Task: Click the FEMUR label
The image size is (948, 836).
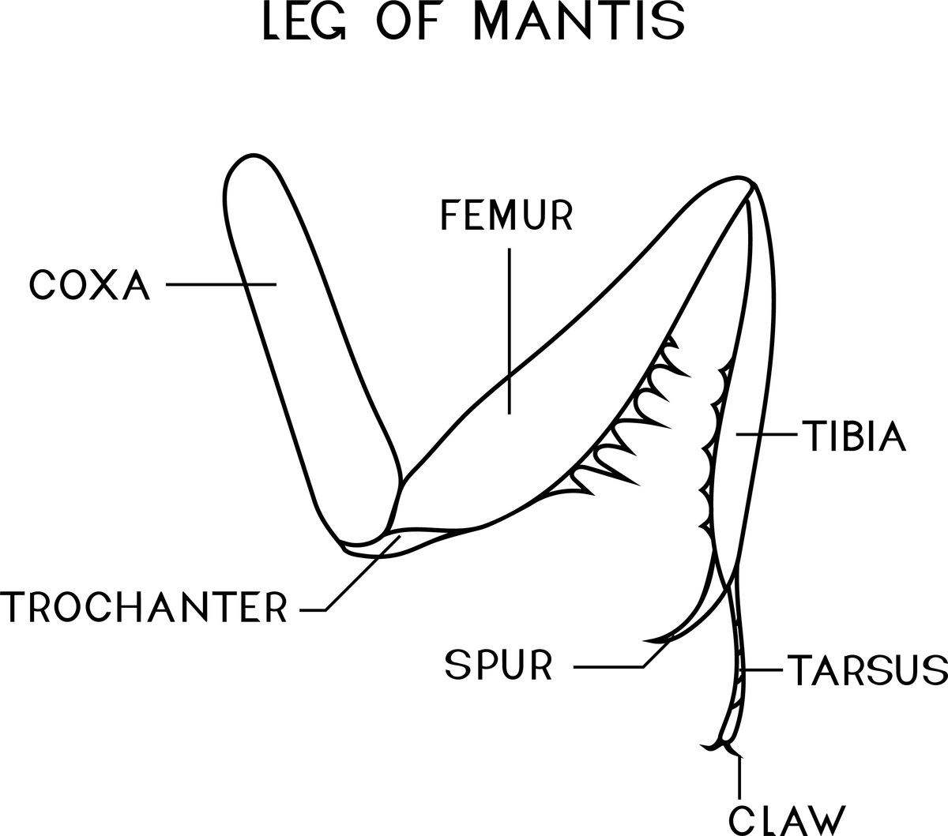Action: pos(506,216)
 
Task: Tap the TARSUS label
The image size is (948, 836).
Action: pos(866,669)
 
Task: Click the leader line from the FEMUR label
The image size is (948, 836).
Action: pos(509,332)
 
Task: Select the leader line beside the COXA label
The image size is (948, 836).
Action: pos(221,284)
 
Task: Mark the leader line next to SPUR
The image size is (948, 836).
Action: pos(608,668)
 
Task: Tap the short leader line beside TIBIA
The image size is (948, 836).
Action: pos(766,434)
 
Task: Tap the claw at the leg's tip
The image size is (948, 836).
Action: pos(715,745)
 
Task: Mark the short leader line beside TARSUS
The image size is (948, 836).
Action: pos(762,670)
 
